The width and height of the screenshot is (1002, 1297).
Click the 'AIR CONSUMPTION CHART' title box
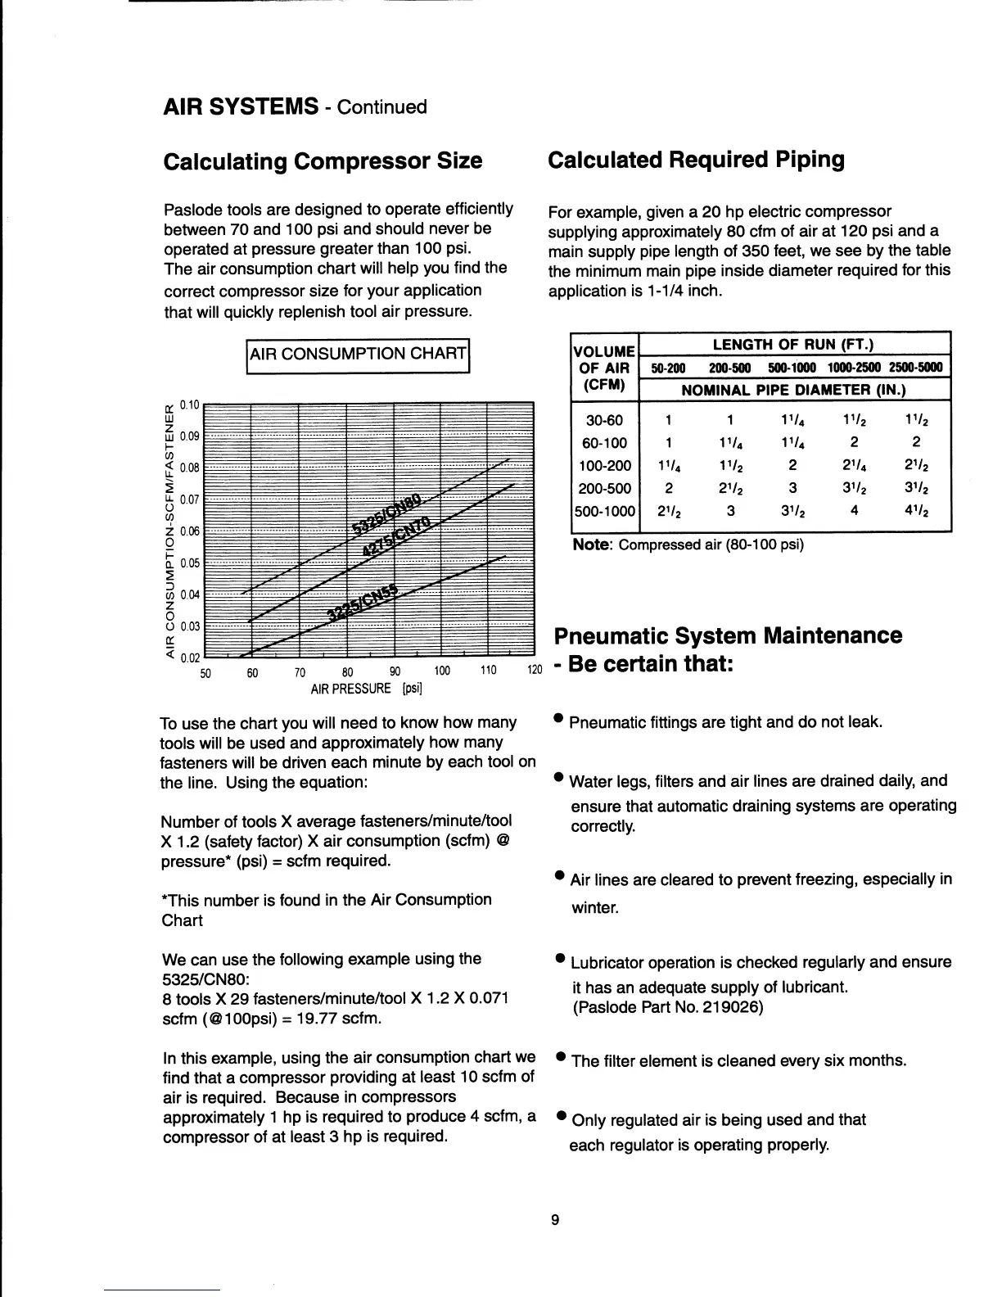click(357, 355)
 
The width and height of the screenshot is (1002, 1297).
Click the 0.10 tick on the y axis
click(189, 404)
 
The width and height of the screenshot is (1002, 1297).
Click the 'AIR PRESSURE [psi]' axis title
click(366, 689)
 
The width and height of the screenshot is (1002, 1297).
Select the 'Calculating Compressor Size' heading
click(323, 161)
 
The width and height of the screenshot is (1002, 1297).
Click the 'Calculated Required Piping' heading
click(695, 160)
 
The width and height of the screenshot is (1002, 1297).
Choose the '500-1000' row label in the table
click(604, 511)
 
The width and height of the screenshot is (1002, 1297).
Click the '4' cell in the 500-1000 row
click(854, 511)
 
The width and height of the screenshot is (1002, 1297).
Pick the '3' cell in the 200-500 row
click(792, 489)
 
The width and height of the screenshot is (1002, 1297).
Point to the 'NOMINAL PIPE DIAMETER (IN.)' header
click(792, 391)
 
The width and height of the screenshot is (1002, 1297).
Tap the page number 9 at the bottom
click(554, 1220)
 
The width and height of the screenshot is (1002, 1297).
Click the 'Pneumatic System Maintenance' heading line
click(728, 636)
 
